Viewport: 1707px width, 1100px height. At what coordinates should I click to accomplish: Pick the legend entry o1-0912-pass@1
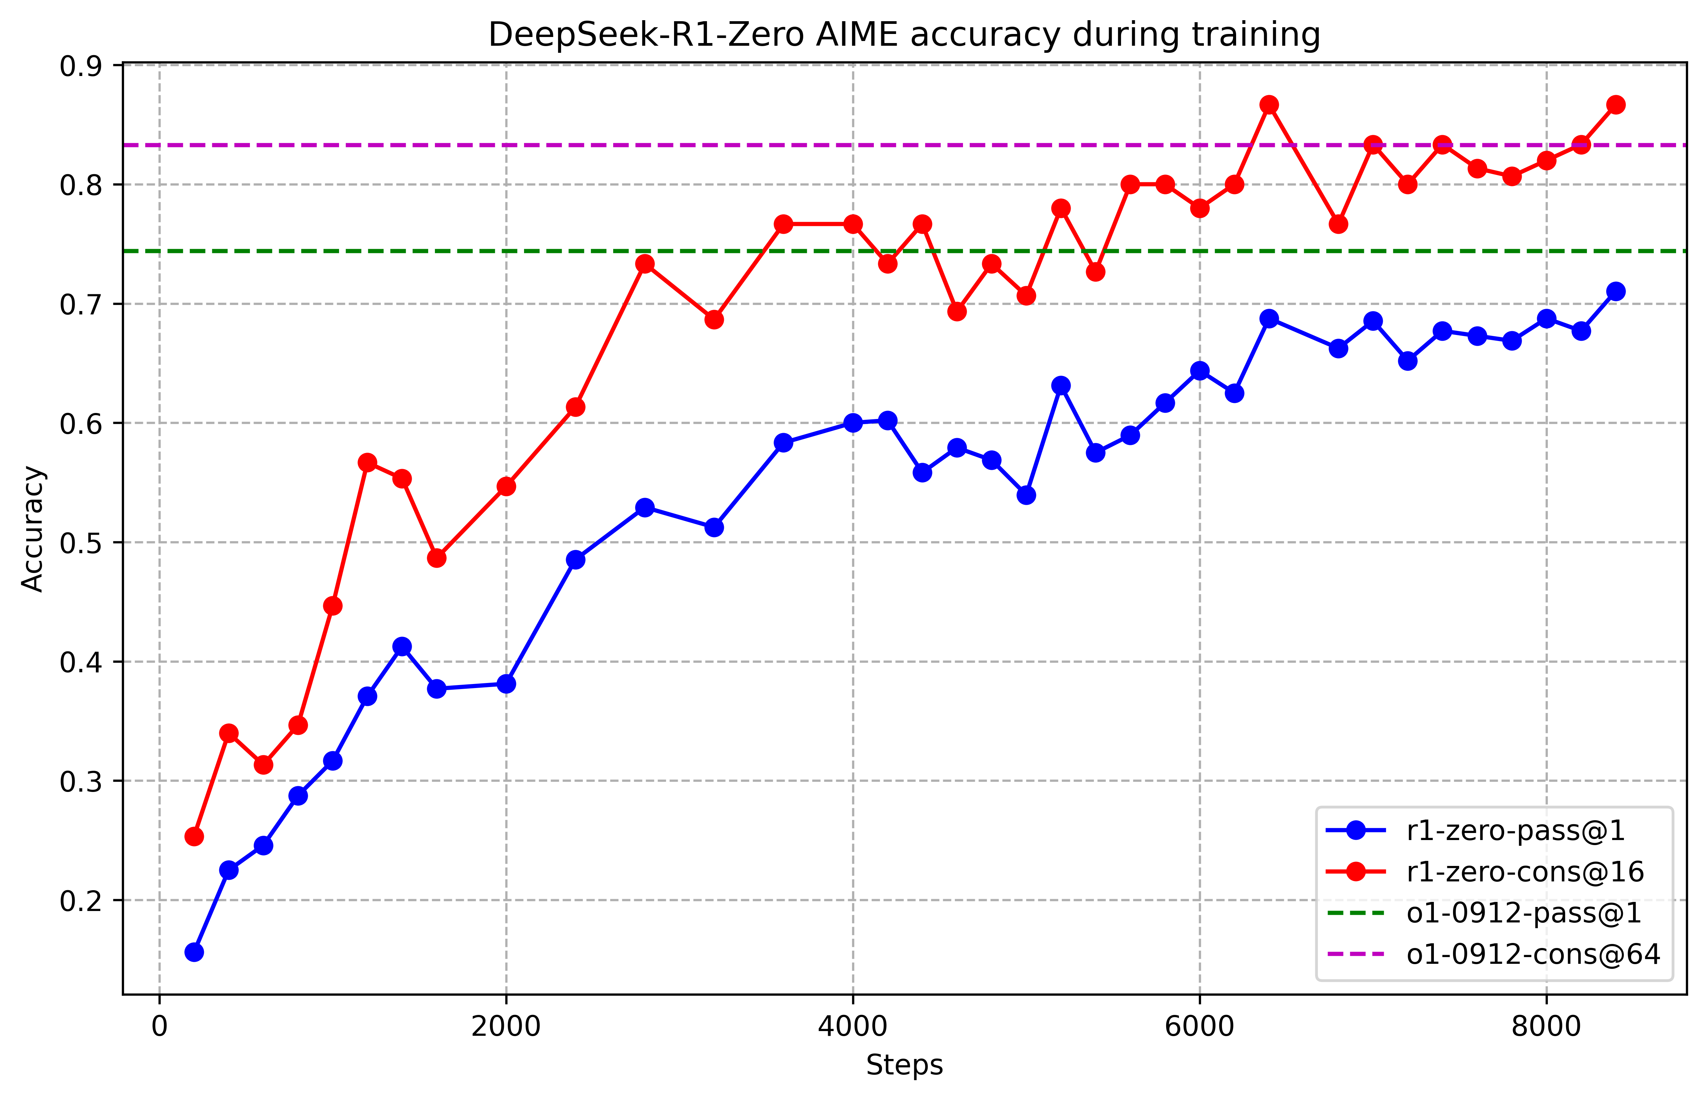point(1523,914)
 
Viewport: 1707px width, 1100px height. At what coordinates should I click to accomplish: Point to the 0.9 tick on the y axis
point(81,67)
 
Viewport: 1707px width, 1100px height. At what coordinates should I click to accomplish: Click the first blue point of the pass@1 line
point(194,952)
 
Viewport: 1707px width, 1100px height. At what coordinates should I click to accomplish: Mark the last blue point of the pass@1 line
point(1616,292)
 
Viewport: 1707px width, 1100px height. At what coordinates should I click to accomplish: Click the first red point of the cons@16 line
point(194,836)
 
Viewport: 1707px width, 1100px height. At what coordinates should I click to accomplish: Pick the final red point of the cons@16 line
point(1616,105)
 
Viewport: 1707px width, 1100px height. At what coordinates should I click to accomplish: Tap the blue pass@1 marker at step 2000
point(507,684)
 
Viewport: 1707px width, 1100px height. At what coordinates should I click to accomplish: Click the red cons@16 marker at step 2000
point(507,486)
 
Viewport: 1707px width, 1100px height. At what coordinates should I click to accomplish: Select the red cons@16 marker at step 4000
point(853,224)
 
